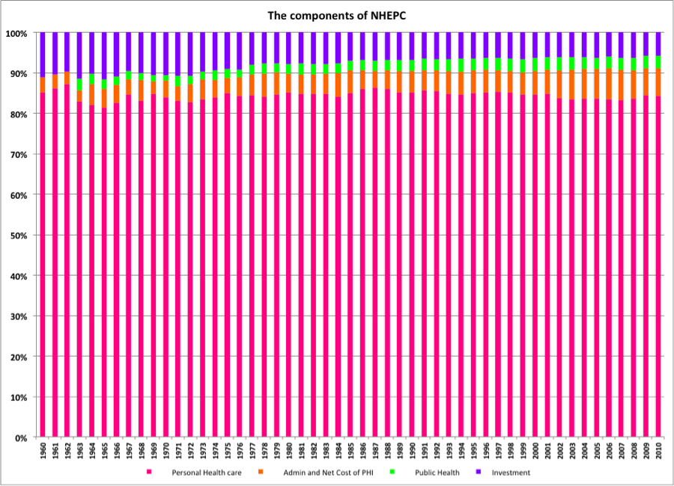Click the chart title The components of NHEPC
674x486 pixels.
pyautogui.click(x=336, y=15)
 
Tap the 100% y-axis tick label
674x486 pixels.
pyautogui.click(x=16, y=34)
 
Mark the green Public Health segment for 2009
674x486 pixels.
pyautogui.click(x=646, y=62)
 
